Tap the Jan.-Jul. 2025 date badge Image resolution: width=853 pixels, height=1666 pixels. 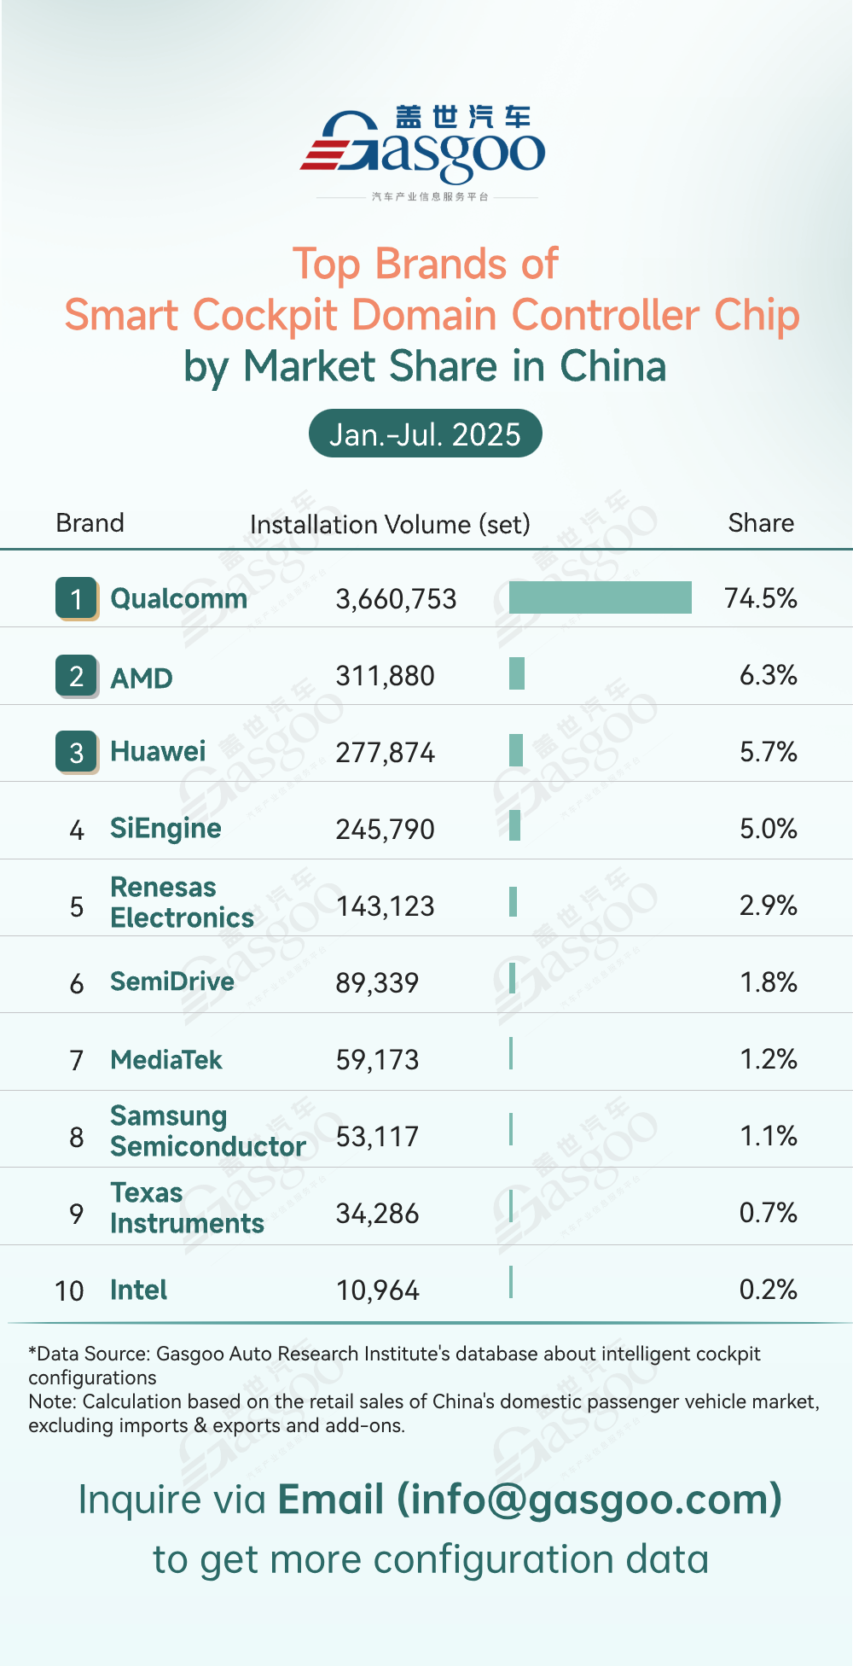(x=425, y=434)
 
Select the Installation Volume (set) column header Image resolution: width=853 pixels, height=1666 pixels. (x=390, y=524)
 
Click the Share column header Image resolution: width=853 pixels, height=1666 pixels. (x=760, y=523)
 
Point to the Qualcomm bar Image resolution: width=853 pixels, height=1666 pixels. (x=600, y=597)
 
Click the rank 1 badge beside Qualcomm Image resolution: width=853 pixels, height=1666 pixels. (x=77, y=598)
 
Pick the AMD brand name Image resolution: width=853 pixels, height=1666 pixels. (x=142, y=679)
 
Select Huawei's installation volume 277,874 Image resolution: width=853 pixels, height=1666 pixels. (x=385, y=753)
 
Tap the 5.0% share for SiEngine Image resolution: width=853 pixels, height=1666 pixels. (x=768, y=829)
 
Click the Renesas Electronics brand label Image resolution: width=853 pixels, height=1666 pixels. (x=182, y=902)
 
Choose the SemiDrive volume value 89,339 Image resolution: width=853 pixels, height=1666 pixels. (x=377, y=983)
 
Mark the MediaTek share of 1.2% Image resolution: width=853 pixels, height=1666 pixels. (x=768, y=1059)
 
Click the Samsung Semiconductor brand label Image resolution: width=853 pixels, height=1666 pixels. (x=207, y=1131)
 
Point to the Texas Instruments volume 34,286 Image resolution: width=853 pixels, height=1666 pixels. (x=377, y=1214)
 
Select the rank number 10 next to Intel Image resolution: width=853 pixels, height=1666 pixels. (x=69, y=1290)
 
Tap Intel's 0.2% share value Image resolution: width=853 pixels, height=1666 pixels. (x=768, y=1290)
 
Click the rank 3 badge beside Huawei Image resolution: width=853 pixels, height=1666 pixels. (x=77, y=752)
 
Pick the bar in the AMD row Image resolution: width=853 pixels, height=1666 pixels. (x=517, y=673)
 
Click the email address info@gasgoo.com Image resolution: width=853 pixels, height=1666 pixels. (x=589, y=1500)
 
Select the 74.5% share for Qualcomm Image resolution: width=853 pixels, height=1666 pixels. (x=760, y=598)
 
